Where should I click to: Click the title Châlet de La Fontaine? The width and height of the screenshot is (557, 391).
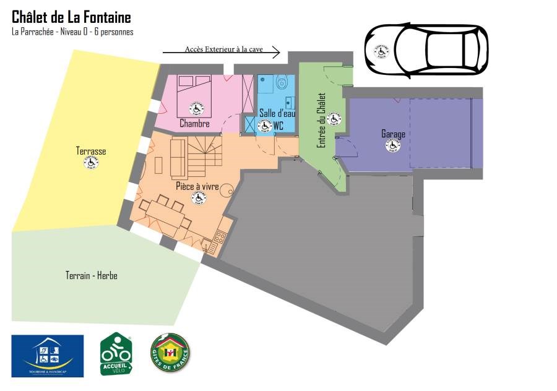point(71,17)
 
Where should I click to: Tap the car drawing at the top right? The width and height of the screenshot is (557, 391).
point(426,50)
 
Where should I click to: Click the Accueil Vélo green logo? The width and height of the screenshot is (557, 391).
point(116,354)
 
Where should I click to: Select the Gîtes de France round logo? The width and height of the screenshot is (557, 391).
point(170,354)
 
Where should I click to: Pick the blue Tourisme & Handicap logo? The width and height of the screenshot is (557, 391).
point(48,356)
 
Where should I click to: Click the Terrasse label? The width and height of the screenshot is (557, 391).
point(91,151)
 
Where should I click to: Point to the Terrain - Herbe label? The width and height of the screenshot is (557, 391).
point(91,275)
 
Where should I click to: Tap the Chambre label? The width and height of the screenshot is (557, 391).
point(194,124)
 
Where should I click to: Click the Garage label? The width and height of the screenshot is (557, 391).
point(393,134)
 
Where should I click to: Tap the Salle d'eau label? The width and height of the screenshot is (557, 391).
point(274,113)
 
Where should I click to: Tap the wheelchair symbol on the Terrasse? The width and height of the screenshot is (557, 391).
point(92,163)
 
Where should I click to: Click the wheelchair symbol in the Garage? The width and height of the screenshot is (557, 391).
point(393,146)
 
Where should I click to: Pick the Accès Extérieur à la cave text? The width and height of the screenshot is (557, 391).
point(223,49)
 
